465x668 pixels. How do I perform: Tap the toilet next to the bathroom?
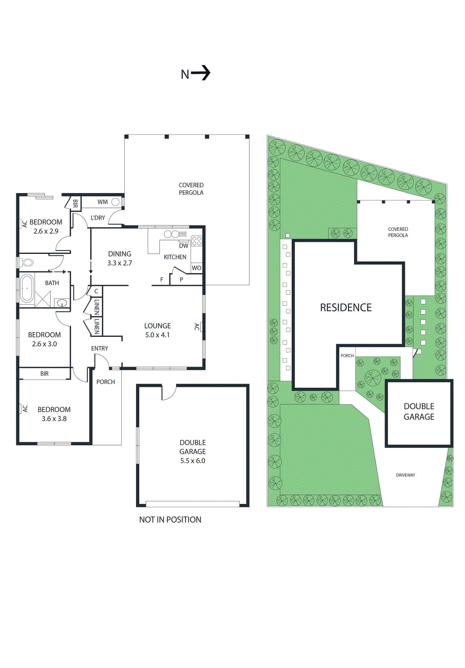click(x=27, y=263)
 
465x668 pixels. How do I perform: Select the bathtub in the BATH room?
click(x=27, y=288)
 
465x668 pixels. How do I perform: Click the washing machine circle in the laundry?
click(x=116, y=202)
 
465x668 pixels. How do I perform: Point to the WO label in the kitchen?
click(x=196, y=268)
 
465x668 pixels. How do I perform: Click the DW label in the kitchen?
click(x=183, y=246)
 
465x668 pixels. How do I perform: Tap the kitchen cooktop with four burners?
click(x=196, y=241)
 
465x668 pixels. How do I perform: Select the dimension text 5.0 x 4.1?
click(x=157, y=335)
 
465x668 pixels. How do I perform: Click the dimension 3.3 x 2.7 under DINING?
click(x=120, y=263)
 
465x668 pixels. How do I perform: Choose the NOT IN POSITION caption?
click(x=170, y=520)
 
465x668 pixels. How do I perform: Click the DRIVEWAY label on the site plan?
click(x=405, y=475)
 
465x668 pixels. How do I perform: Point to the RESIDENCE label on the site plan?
click(x=346, y=308)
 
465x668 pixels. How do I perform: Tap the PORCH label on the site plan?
click(x=347, y=356)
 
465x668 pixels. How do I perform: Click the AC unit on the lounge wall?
click(x=201, y=327)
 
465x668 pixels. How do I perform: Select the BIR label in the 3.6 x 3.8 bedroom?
click(x=45, y=374)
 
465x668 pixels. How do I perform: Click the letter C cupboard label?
click(x=96, y=291)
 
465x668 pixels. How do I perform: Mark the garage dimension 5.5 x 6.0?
click(x=193, y=461)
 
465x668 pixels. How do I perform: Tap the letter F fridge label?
click(x=162, y=280)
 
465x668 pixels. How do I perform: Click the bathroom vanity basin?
click(x=62, y=303)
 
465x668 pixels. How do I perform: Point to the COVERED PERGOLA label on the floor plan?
click(x=191, y=189)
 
